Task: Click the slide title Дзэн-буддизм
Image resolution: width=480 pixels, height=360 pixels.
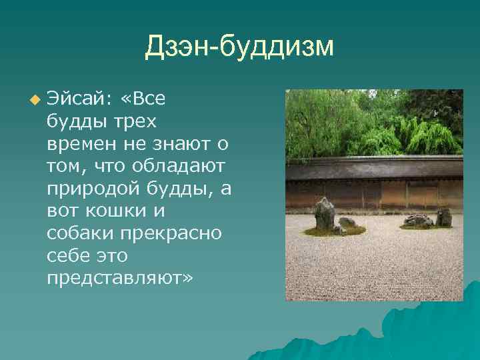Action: click(x=239, y=47)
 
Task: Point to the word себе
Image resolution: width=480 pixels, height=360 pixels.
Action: click(x=66, y=255)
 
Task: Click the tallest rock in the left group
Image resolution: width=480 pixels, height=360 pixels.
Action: click(x=325, y=213)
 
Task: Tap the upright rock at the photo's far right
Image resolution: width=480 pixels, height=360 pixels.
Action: click(x=443, y=217)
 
